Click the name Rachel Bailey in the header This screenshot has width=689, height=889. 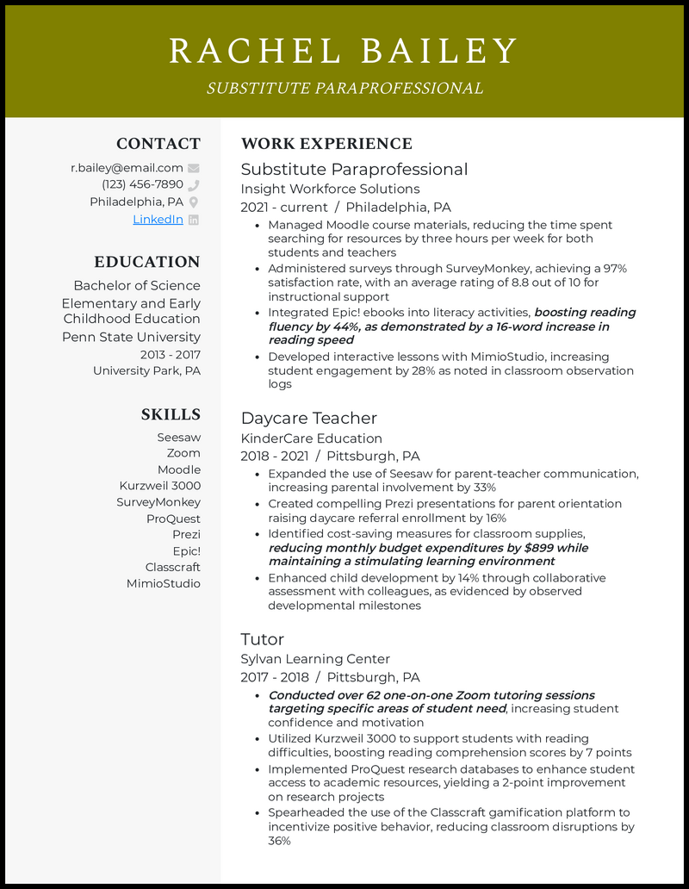[344, 51]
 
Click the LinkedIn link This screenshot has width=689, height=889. [158, 219]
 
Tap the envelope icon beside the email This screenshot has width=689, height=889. [194, 168]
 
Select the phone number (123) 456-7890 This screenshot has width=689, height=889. [142, 184]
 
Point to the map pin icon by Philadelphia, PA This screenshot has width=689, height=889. [194, 202]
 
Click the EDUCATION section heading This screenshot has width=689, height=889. [146, 262]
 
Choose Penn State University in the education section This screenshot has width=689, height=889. [131, 337]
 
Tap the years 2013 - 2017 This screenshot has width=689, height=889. [170, 354]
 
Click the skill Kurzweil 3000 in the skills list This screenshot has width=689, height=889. [159, 486]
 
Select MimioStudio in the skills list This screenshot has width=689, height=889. [163, 583]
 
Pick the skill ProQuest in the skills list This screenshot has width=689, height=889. [173, 519]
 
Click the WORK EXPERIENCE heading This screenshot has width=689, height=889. [326, 144]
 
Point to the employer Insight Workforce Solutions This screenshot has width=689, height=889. [330, 189]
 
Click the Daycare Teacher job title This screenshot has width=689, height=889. [308, 418]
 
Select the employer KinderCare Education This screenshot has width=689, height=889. [311, 438]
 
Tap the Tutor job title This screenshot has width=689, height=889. [262, 639]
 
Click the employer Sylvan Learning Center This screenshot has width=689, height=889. [315, 659]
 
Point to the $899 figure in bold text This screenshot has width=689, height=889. [539, 548]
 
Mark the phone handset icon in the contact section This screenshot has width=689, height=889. [194, 184]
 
